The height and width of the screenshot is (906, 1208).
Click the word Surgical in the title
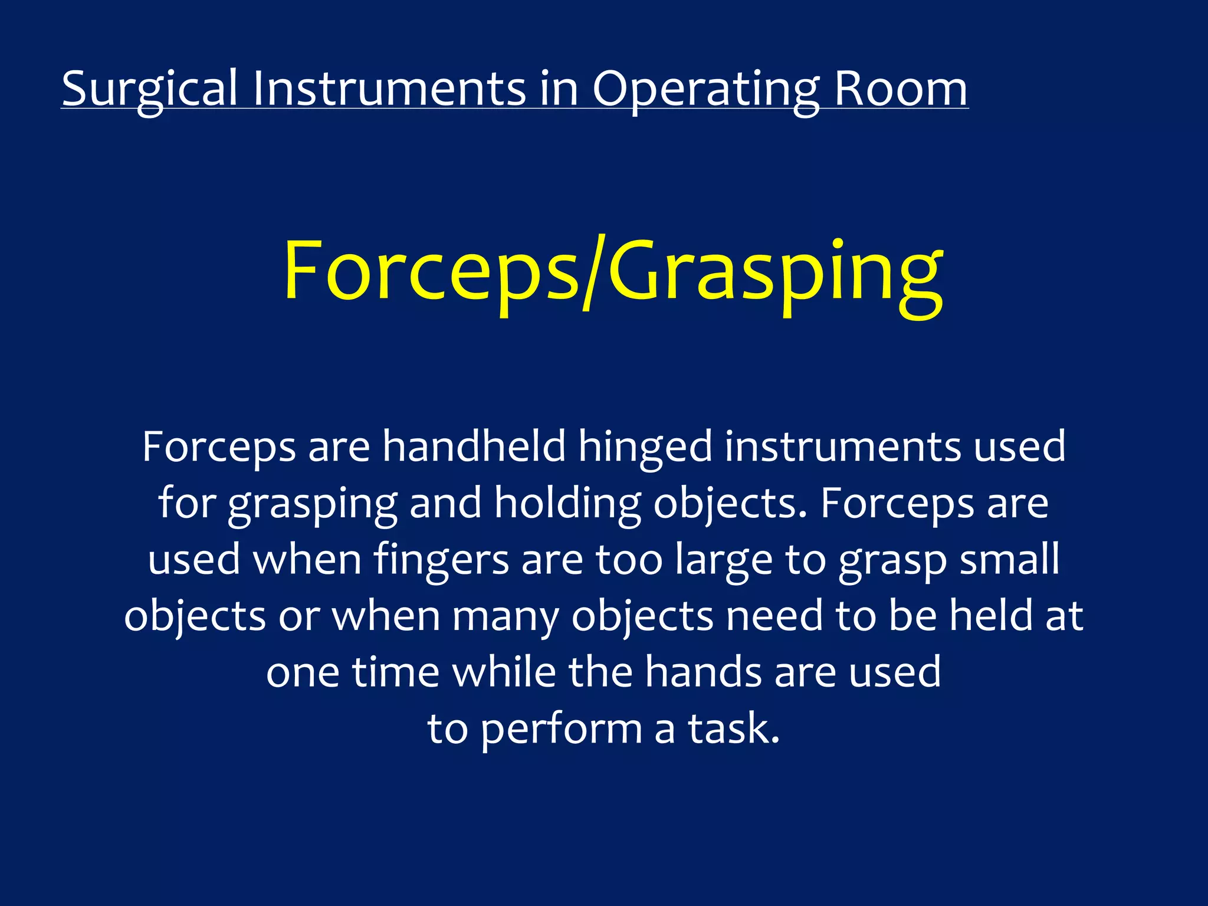[x=150, y=88]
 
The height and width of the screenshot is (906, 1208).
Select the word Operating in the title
[x=705, y=88]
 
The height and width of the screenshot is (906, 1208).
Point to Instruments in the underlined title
[x=389, y=88]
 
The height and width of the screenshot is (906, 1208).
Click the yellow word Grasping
[x=776, y=273]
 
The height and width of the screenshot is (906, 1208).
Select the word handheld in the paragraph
[x=474, y=447]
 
